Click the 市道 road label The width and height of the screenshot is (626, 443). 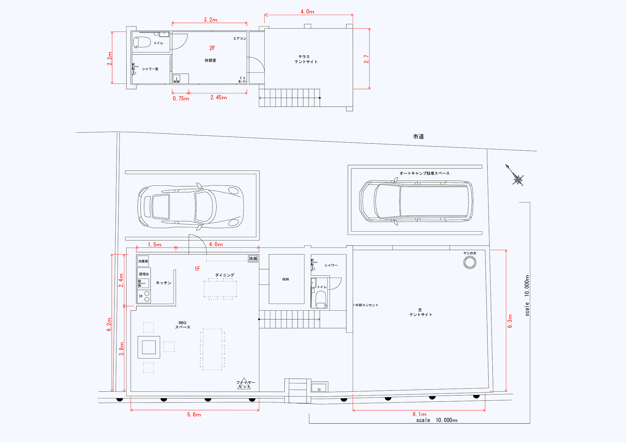(x=418, y=137)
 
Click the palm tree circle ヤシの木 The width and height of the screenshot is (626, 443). (x=470, y=262)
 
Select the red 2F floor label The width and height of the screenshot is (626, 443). (x=212, y=48)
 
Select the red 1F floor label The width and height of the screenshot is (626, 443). (x=197, y=268)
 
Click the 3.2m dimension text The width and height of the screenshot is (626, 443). (x=211, y=20)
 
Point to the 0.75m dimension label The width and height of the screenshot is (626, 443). (x=181, y=99)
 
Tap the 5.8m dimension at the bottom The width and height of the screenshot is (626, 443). (x=194, y=415)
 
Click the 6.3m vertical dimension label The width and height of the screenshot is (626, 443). (x=510, y=321)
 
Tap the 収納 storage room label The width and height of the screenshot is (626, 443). (x=286, y=279)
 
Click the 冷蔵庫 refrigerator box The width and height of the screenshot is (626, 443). (x=143, y=261)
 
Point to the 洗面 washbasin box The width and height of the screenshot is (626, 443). (x=253, y=258)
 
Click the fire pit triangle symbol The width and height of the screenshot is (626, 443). (x=244, y=384)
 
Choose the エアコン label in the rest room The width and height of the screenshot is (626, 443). (x=240, y=38)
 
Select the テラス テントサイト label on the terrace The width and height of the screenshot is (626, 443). (x=306, y=59)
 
